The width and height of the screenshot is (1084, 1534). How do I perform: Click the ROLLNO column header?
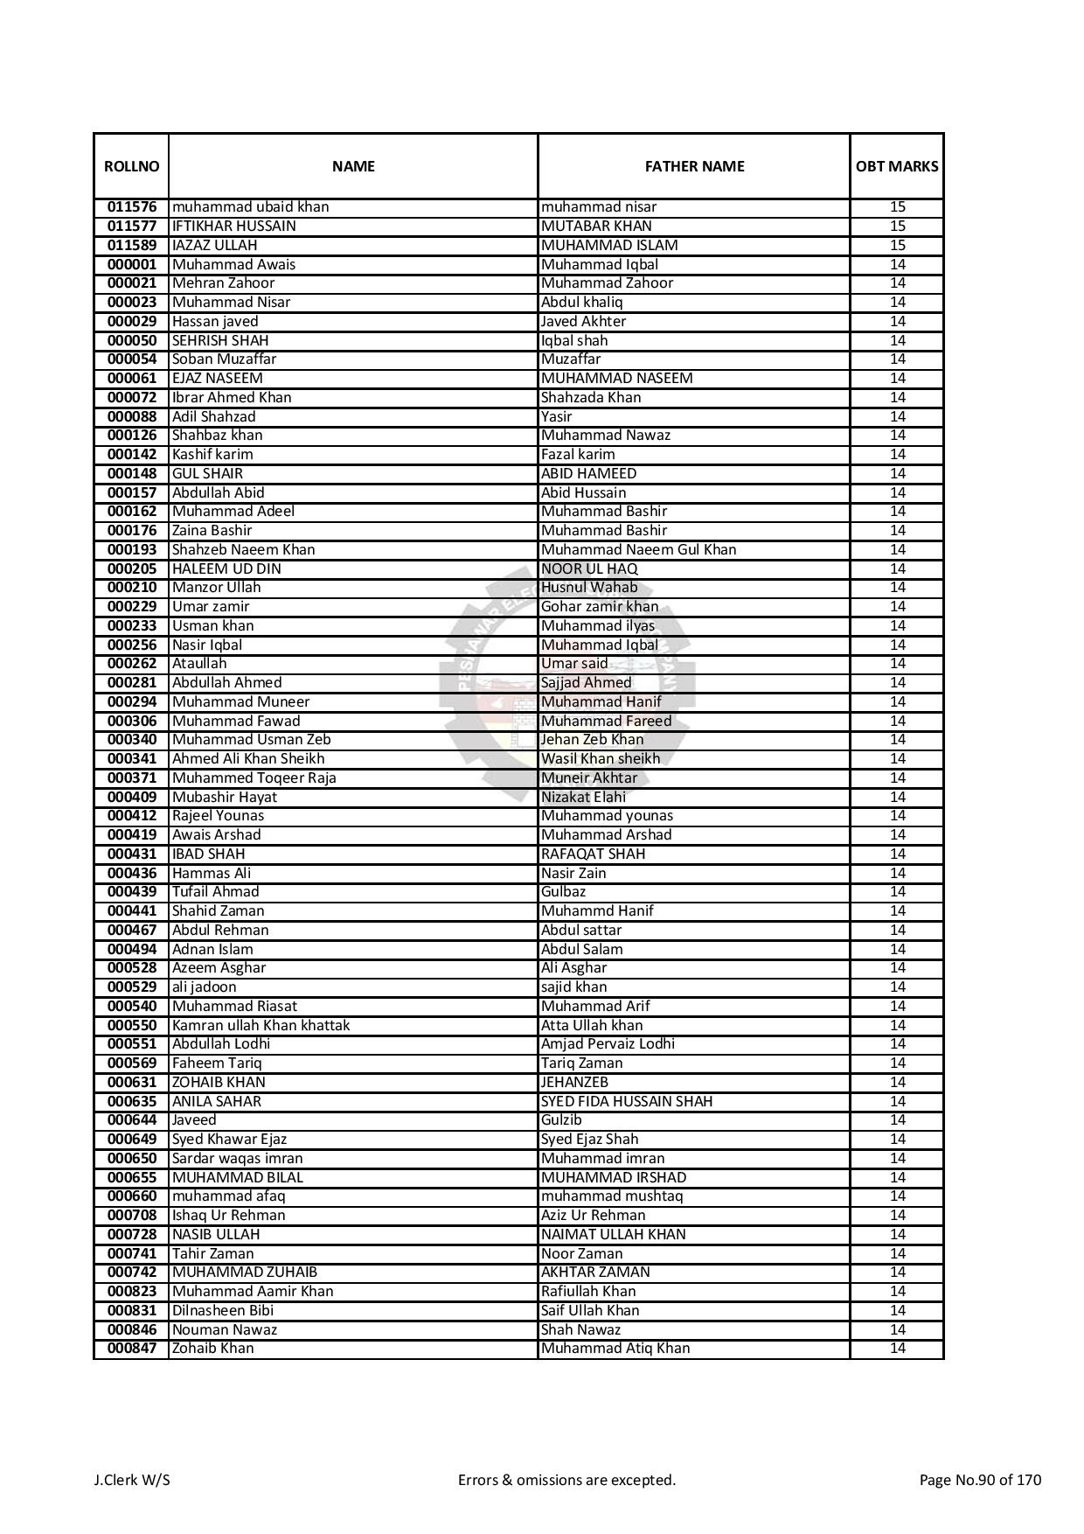131,166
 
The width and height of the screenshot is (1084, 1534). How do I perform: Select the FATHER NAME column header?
694,166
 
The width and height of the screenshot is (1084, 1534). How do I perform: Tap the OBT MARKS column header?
897,166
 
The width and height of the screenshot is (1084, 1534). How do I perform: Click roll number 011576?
132,207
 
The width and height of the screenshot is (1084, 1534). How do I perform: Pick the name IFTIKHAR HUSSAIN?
233,227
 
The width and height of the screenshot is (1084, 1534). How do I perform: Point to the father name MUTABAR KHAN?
596,227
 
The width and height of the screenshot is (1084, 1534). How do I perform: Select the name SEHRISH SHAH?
220,340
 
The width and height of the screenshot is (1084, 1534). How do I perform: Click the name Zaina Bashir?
212,531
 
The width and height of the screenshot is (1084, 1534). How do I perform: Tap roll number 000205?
132,568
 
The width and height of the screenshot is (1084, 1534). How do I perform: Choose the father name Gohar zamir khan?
600,607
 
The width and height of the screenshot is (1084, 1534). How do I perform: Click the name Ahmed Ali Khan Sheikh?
248,759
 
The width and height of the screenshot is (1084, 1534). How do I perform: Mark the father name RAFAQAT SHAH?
593,854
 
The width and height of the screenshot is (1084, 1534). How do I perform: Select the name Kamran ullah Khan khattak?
261,1025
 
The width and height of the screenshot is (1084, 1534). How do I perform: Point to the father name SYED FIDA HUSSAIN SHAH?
626,1101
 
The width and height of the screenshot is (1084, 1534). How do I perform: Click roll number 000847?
132,1349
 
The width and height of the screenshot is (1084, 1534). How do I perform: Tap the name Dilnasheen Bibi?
222,1310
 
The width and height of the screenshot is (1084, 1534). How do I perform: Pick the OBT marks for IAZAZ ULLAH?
897,246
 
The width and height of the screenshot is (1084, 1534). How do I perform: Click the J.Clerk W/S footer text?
132,1480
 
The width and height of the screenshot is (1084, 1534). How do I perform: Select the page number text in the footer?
980,1480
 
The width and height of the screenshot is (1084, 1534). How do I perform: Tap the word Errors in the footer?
477,1480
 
